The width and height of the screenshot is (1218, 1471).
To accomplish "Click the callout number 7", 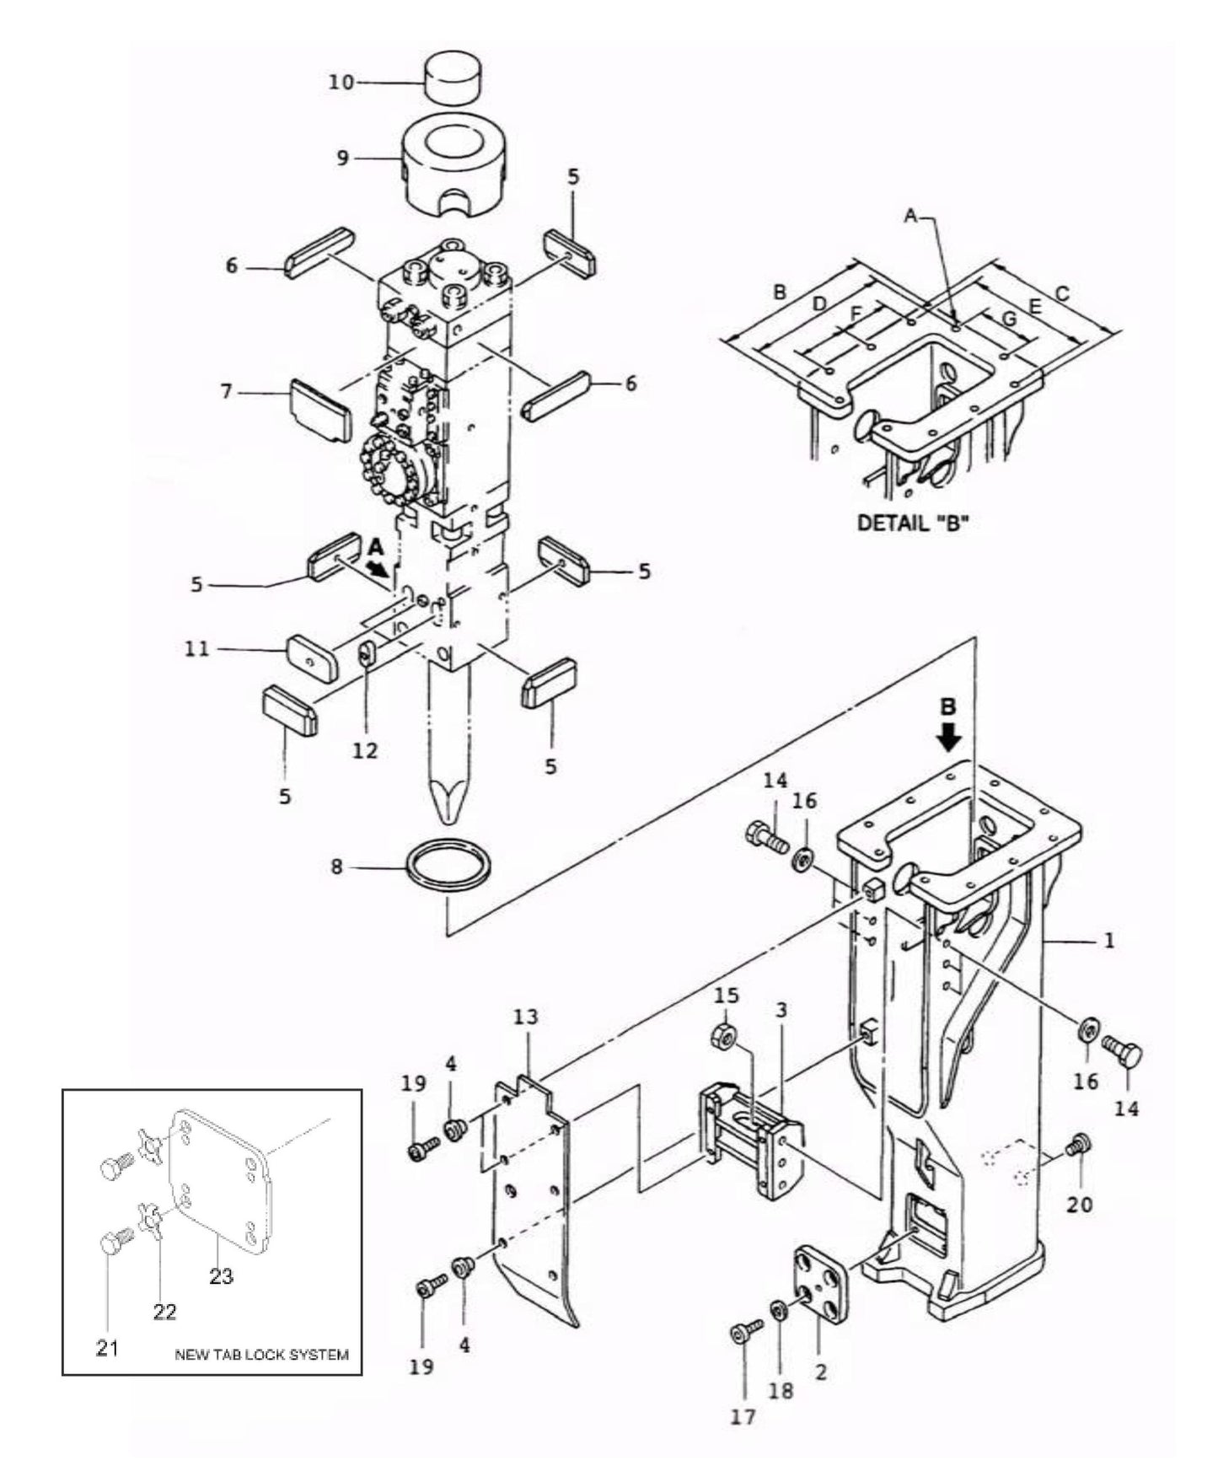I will click(x=225, y=392).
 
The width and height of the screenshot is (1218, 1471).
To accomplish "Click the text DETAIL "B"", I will click(x=913, y=523).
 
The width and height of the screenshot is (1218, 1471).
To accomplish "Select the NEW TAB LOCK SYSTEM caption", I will click(x=260, y=1355).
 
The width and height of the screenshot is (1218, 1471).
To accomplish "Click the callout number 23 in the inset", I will click(x=221, y=1276).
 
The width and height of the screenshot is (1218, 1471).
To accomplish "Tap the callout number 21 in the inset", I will click(x=107, y=1348).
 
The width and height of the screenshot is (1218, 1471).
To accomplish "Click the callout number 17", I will click(x=743, y=1418).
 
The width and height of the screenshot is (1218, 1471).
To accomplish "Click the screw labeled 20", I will click(x=1078, y=1145).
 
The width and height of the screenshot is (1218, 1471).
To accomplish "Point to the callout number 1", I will click(x=1109, y=939).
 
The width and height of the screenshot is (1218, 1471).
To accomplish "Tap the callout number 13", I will click(x=525, y=1017).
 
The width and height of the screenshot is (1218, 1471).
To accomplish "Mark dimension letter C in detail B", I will click(x=1062, y=294).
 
